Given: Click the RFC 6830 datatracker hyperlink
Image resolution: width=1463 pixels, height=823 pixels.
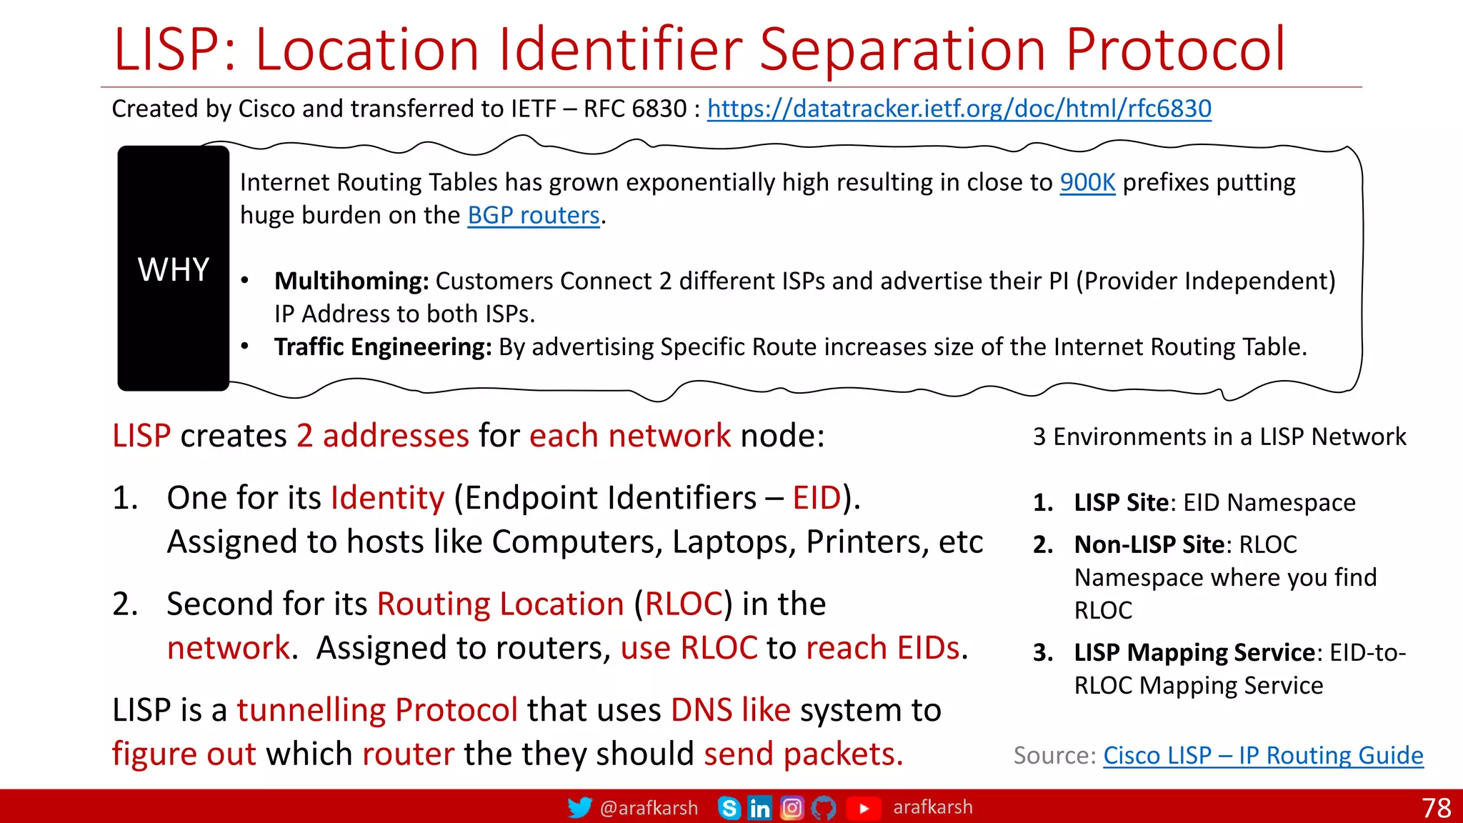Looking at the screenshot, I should click(x=959, y=109).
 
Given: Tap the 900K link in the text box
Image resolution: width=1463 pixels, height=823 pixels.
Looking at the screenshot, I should click(x=1087, y=183).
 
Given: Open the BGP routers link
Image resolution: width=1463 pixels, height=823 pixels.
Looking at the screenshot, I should click(x=533, y=216).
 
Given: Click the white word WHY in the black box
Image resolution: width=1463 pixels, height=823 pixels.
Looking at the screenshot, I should click(x=174, y=270).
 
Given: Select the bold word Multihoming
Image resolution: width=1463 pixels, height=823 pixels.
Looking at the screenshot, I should click(x=351, y=281).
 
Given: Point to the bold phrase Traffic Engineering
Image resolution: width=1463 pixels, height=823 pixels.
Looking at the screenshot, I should click(x=383, y=347).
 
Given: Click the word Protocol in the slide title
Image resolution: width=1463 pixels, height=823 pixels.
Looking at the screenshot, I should click(x=1175, y=50).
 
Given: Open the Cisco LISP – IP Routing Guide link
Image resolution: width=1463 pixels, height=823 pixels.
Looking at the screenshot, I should click(x=1262, y=755).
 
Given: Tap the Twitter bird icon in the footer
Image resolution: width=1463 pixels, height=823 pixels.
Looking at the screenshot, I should click(x=579, y=807).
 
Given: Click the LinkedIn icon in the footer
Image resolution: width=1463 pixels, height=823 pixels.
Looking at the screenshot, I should click(x=759, y=808).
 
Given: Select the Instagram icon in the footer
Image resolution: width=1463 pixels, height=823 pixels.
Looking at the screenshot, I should click(x=792, y=808).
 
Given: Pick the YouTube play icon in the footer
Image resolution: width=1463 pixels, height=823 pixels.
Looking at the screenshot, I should click(x=863, y=808).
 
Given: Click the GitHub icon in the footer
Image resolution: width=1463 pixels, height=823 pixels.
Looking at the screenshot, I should click(x=824, y=808).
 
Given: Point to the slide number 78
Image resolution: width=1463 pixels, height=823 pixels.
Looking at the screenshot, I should click(x=1437, y=808).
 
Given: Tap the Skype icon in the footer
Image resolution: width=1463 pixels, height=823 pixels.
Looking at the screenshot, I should click(x=729, y=808).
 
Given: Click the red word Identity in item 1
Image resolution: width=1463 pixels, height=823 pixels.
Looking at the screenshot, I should click(x=387, y=498).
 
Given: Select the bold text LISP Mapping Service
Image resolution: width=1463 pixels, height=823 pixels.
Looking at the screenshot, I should click(x=1194, y=652).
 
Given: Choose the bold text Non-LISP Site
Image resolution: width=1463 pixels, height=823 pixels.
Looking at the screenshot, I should click(x=1149, y=544).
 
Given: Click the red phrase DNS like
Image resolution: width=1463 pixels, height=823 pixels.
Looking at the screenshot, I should click(x=730, y=710).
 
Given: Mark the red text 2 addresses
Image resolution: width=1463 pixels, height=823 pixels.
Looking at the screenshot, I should click(x=382, y=436).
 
